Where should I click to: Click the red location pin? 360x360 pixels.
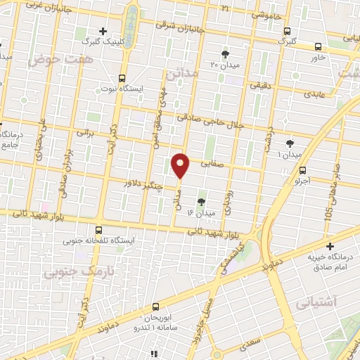[x=181, y=165]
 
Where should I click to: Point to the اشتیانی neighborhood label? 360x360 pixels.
[x=316, y=302]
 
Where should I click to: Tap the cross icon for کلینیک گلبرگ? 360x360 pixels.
[x=103, y=31]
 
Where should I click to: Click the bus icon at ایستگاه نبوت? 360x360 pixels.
[x=123, y=78]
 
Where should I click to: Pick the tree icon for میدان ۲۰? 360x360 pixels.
[x=225, y=53]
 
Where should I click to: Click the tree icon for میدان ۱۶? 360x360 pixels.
[x=202, y=201]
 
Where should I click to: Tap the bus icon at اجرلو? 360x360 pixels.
[x=303, y=170]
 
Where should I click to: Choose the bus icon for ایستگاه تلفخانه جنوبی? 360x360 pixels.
[x=98, y=229]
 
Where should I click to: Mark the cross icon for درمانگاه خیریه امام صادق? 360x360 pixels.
[x=330, y=245]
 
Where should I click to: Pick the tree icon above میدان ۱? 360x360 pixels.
[x=290, y=143]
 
